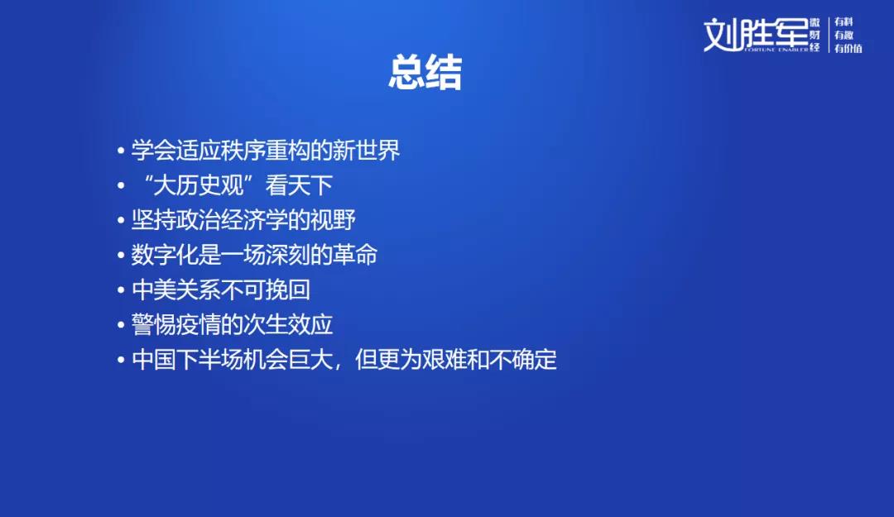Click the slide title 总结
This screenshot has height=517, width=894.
[x=425, y=73]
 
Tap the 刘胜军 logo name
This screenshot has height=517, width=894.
[x=756, y=35]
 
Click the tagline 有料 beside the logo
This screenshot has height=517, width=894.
[x=844, y=22]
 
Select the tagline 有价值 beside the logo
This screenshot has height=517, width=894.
[x=848, y=49]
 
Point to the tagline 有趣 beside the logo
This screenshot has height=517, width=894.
[x=844, y=35]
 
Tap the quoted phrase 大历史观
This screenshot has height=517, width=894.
[x=199, y=185]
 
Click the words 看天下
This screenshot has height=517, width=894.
[x=299, y=185]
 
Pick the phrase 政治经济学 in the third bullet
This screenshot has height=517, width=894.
[x=232, y=220]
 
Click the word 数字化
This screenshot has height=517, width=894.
[x=165, y=255]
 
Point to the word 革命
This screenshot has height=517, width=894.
[x=355, y=255]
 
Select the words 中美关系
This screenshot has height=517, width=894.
[x=176, y=290]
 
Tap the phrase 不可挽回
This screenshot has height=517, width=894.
[x=266, y=290]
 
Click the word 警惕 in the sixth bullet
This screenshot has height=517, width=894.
[x=154, y=324]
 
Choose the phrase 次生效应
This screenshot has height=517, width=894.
[x=288, y=324]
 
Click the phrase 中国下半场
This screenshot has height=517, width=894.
[x=188, y=360]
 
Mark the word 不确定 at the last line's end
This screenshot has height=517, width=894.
[x=523, y=360]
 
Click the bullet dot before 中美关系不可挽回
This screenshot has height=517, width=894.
[x=121, y=290]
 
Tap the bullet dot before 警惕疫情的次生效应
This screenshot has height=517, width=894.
[x=121, y=325]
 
